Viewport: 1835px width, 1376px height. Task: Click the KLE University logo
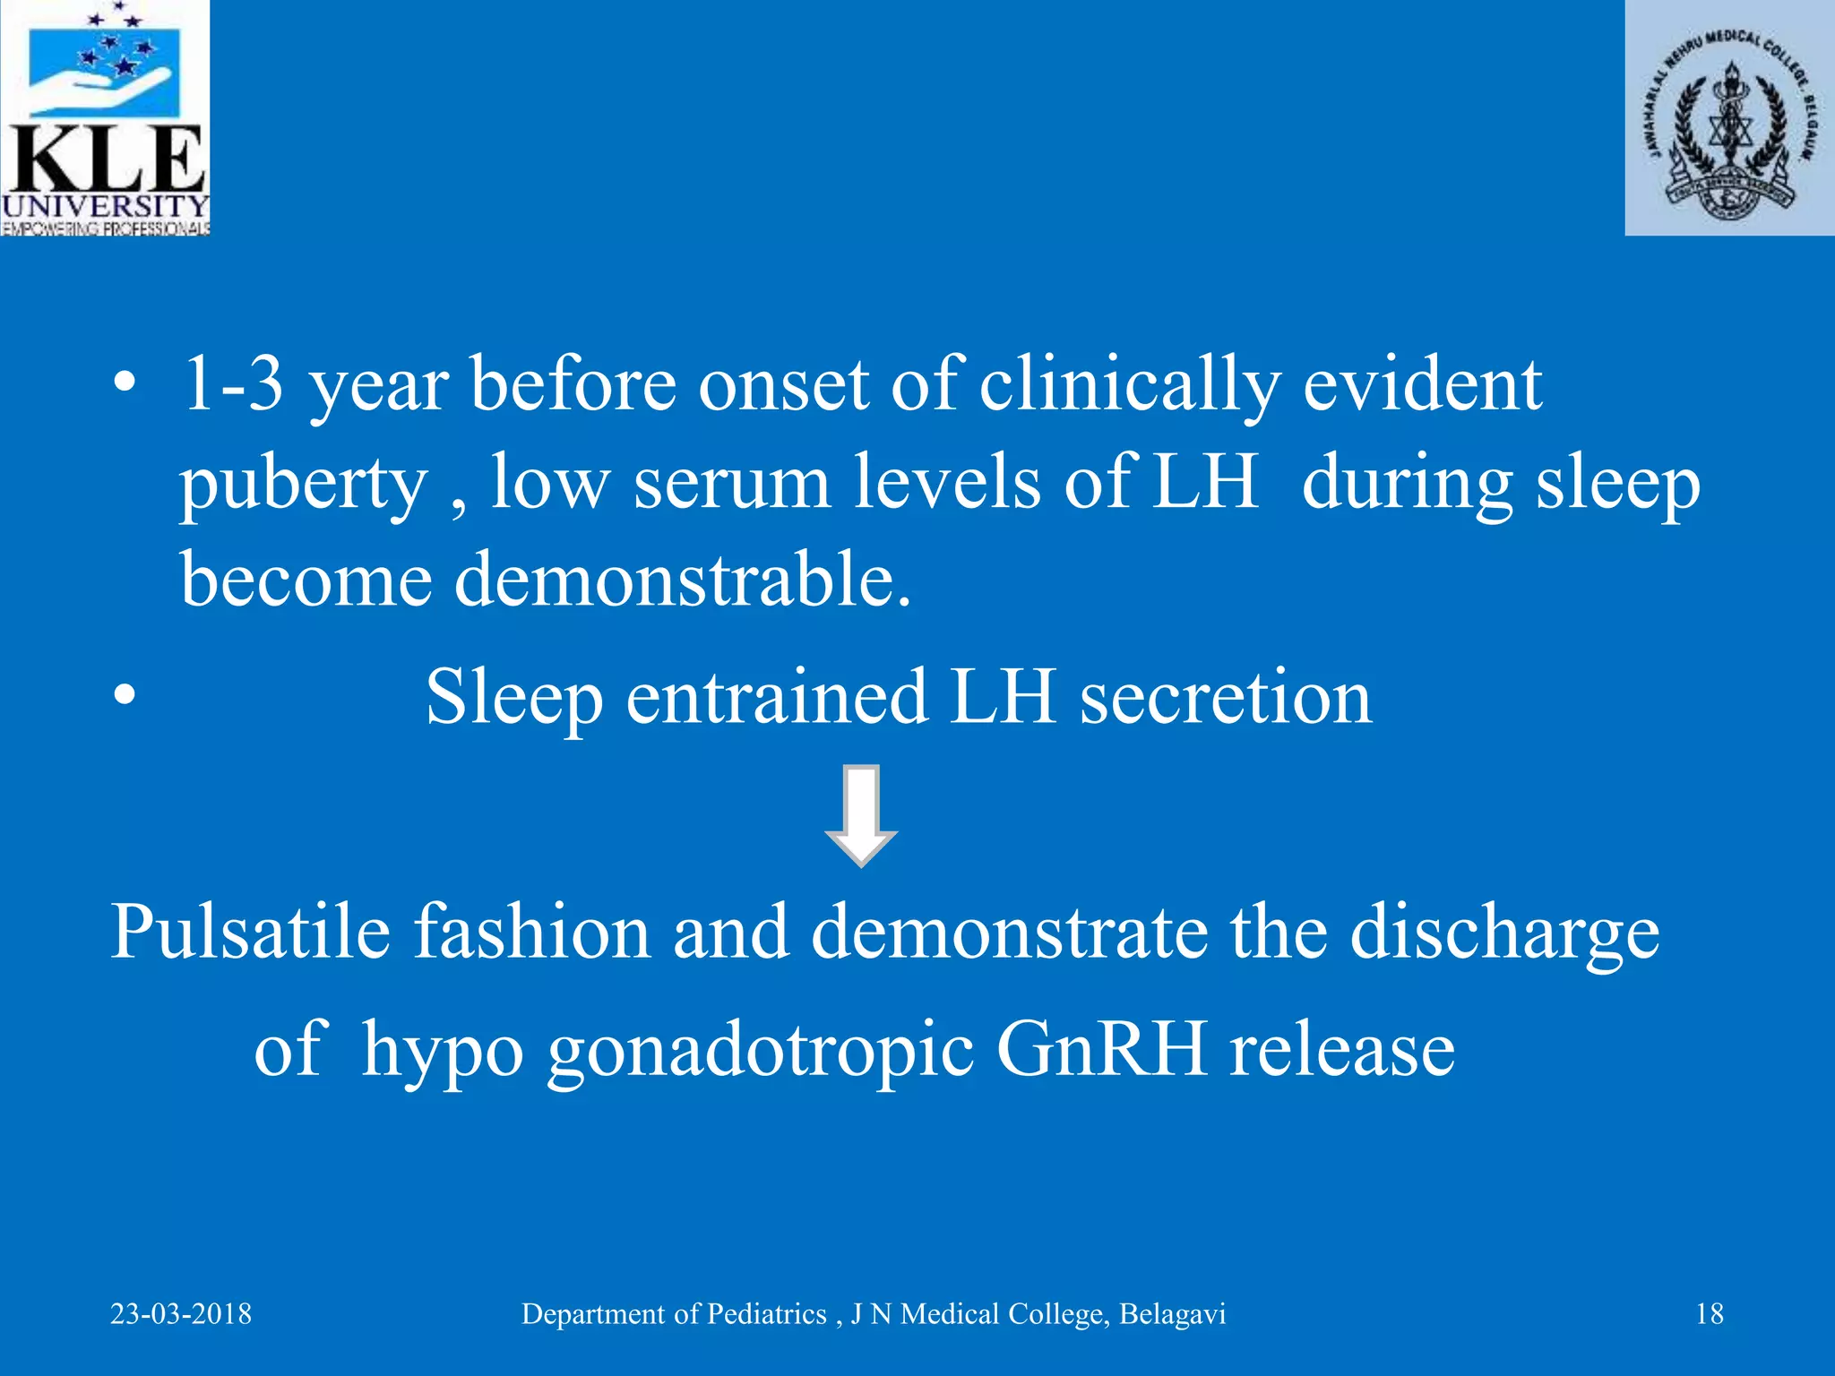105,117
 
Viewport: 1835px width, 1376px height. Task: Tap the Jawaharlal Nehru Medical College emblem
1729,118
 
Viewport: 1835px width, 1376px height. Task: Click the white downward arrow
860,815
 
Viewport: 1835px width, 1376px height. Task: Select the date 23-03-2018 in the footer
181,1314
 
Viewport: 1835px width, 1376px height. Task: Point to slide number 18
1710,1314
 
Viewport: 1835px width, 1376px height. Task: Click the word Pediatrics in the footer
767,1314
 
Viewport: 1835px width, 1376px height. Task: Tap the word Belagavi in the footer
1172,1314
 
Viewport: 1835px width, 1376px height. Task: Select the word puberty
304,484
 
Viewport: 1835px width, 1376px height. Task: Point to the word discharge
1504,933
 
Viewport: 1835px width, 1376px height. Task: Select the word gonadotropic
761,1050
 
